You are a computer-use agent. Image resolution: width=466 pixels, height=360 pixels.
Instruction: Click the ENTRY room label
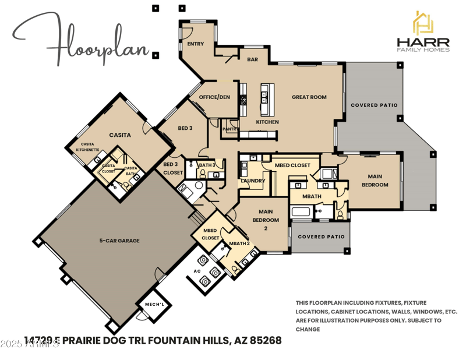(195, 44)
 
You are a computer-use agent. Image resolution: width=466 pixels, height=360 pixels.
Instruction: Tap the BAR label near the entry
(252, 59)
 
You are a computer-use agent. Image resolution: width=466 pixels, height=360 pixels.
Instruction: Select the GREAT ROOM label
(309, 97)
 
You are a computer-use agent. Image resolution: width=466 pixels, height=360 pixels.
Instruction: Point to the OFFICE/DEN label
(214, 97)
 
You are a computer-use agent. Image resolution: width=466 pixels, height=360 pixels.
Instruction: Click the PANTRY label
(230, 129)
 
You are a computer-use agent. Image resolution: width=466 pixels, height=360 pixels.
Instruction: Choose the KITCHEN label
(267, 122)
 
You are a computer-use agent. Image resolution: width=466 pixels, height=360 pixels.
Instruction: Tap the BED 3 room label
(185, 128)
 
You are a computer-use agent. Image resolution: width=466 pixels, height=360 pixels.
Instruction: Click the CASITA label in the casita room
(120, 135)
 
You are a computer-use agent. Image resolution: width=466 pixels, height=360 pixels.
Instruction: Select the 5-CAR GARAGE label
(119, 241)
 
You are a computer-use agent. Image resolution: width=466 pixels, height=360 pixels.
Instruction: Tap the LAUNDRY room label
(253, 181)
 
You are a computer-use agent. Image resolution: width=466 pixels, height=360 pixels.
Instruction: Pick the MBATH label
(312, 196)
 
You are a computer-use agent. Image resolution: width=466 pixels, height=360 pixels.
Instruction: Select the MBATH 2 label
(239, 243)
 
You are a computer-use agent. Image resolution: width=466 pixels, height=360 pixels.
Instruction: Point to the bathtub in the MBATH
(301, 211)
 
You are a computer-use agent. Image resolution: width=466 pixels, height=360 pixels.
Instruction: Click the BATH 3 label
(207, 165)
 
